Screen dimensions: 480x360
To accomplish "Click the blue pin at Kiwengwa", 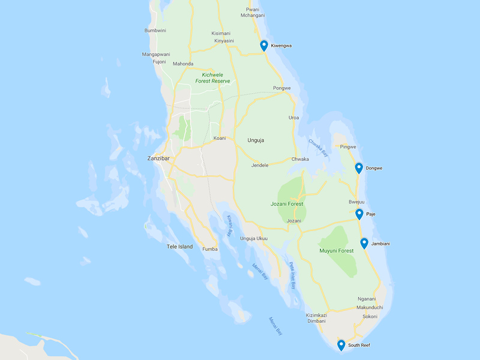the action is point(264,46).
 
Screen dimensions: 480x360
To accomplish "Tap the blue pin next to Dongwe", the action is point(359,168).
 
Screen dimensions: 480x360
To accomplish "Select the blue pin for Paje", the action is point(359,214).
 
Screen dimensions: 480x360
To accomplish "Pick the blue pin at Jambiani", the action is point(364,243).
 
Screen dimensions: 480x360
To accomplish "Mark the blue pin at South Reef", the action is point(341,345).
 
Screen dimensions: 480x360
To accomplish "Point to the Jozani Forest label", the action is point(287,204).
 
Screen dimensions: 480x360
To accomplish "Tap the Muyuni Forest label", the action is point(337,251).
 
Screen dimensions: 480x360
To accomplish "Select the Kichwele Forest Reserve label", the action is point(212,77).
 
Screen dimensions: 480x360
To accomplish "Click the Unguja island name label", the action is point(256,140).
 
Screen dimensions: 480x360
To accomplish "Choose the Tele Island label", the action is point(180,247).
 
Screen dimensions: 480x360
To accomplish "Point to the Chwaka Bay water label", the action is point(318,148).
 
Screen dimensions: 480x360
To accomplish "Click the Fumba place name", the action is point(211,249).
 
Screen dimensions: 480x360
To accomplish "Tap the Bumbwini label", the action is point(155,31).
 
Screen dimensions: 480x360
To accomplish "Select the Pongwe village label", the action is point(282,88).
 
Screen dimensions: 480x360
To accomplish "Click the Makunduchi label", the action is point(370,307).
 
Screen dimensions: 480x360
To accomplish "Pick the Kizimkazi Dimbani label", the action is point(316,318).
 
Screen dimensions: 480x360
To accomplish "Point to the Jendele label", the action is point(260,165).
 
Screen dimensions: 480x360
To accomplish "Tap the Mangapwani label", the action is point(156,54).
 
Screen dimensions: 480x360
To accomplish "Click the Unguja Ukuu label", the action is point(254,239).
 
